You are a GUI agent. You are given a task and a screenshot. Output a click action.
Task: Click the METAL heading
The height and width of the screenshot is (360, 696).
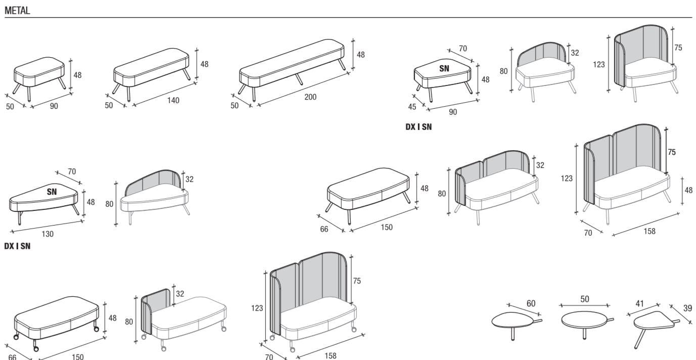tap(17, 11)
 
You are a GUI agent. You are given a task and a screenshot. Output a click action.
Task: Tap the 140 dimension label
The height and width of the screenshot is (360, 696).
tap(173, 100)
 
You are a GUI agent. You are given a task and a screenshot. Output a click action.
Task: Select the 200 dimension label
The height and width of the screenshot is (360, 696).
tap(310, 97)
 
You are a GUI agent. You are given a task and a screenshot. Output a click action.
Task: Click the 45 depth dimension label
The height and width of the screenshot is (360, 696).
tap(412, 107)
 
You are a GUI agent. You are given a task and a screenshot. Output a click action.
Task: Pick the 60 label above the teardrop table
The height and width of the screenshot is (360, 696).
tap(531, 303)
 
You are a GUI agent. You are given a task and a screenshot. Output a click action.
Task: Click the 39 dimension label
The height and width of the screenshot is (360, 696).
tap(687, 308)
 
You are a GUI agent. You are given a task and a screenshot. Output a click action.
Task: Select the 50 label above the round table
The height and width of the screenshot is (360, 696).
tap(584, 299)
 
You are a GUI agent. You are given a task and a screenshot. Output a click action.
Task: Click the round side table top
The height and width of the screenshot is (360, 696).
tap(584, 320)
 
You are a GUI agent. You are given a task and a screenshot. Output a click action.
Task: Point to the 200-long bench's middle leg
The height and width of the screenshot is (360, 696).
tap(299, 80)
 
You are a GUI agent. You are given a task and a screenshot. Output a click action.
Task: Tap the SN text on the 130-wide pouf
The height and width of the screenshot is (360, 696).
tap(52, 192)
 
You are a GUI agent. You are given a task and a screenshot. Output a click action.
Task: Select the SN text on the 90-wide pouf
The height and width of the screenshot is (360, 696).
tap(444, 68)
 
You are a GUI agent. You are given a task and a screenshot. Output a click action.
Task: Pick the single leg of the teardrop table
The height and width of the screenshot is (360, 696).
tap(514, 334)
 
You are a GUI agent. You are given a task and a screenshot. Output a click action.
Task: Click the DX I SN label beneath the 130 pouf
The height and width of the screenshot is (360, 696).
tap(17, 246)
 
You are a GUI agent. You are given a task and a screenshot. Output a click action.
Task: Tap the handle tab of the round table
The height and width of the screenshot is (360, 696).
tap(610, 320)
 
